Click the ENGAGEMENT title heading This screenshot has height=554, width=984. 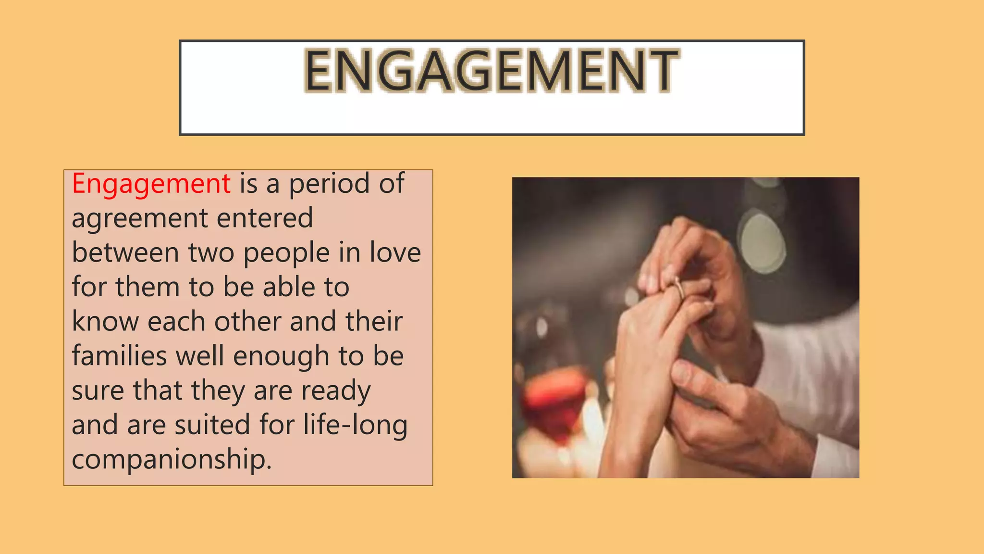tap(492, 71)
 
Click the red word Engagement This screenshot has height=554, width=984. tap(151, 184)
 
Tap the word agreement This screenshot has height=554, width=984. tap(140, 219)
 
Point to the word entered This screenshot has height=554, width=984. tap(265, 218)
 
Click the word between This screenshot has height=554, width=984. tap(125, 252)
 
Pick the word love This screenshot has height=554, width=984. tap(395, 252)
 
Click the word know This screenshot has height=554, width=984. tap(105, 321)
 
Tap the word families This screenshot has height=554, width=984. tap(120, 356)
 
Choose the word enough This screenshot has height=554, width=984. tap(281, 357)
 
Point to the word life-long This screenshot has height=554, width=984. tap(355, 426)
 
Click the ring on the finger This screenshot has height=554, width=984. tap(679, 289)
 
